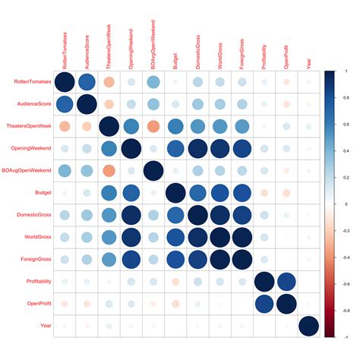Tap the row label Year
[45, 327]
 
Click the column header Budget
[175, 60]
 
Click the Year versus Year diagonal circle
[308, 327]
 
